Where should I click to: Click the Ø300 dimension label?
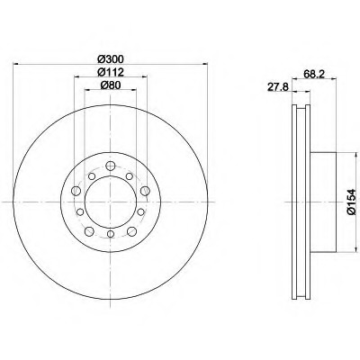point(111,59)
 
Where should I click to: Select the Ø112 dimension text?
point(111,72)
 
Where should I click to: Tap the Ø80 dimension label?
point(111,85)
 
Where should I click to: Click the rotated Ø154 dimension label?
point(351,202)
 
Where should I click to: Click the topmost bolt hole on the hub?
point(111,166)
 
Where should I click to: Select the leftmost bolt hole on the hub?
point(76,191)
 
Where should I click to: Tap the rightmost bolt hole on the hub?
point(145,190)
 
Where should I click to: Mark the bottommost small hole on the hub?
point(111,234)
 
